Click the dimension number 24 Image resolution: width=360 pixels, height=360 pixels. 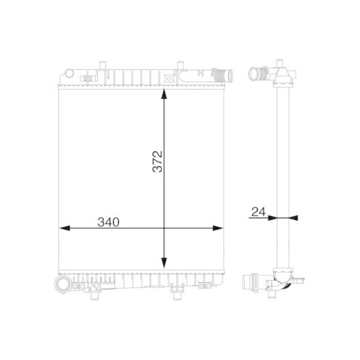click(258, 212)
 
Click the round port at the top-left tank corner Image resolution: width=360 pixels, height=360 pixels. click(67, 73)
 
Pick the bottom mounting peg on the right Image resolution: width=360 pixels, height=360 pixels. click(176, 289)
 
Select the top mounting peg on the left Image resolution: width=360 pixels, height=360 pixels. click(91, 75)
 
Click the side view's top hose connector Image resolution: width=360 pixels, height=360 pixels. click(257, 73)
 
